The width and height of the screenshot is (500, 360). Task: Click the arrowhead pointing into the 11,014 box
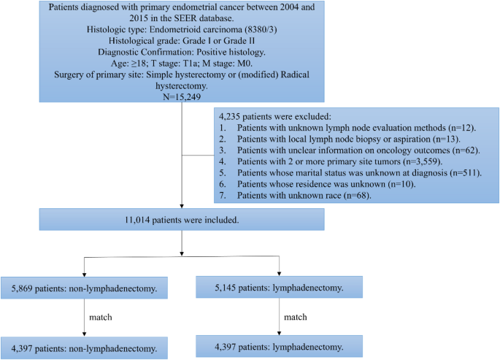click(x=180, y=206)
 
